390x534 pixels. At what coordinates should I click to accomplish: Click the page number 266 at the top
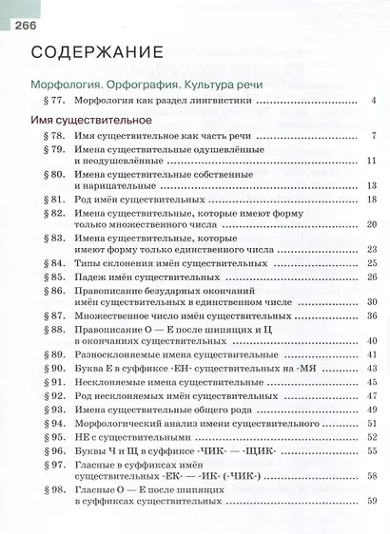pos(22,10)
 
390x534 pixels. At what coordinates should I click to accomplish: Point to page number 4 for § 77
pos(375,101)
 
